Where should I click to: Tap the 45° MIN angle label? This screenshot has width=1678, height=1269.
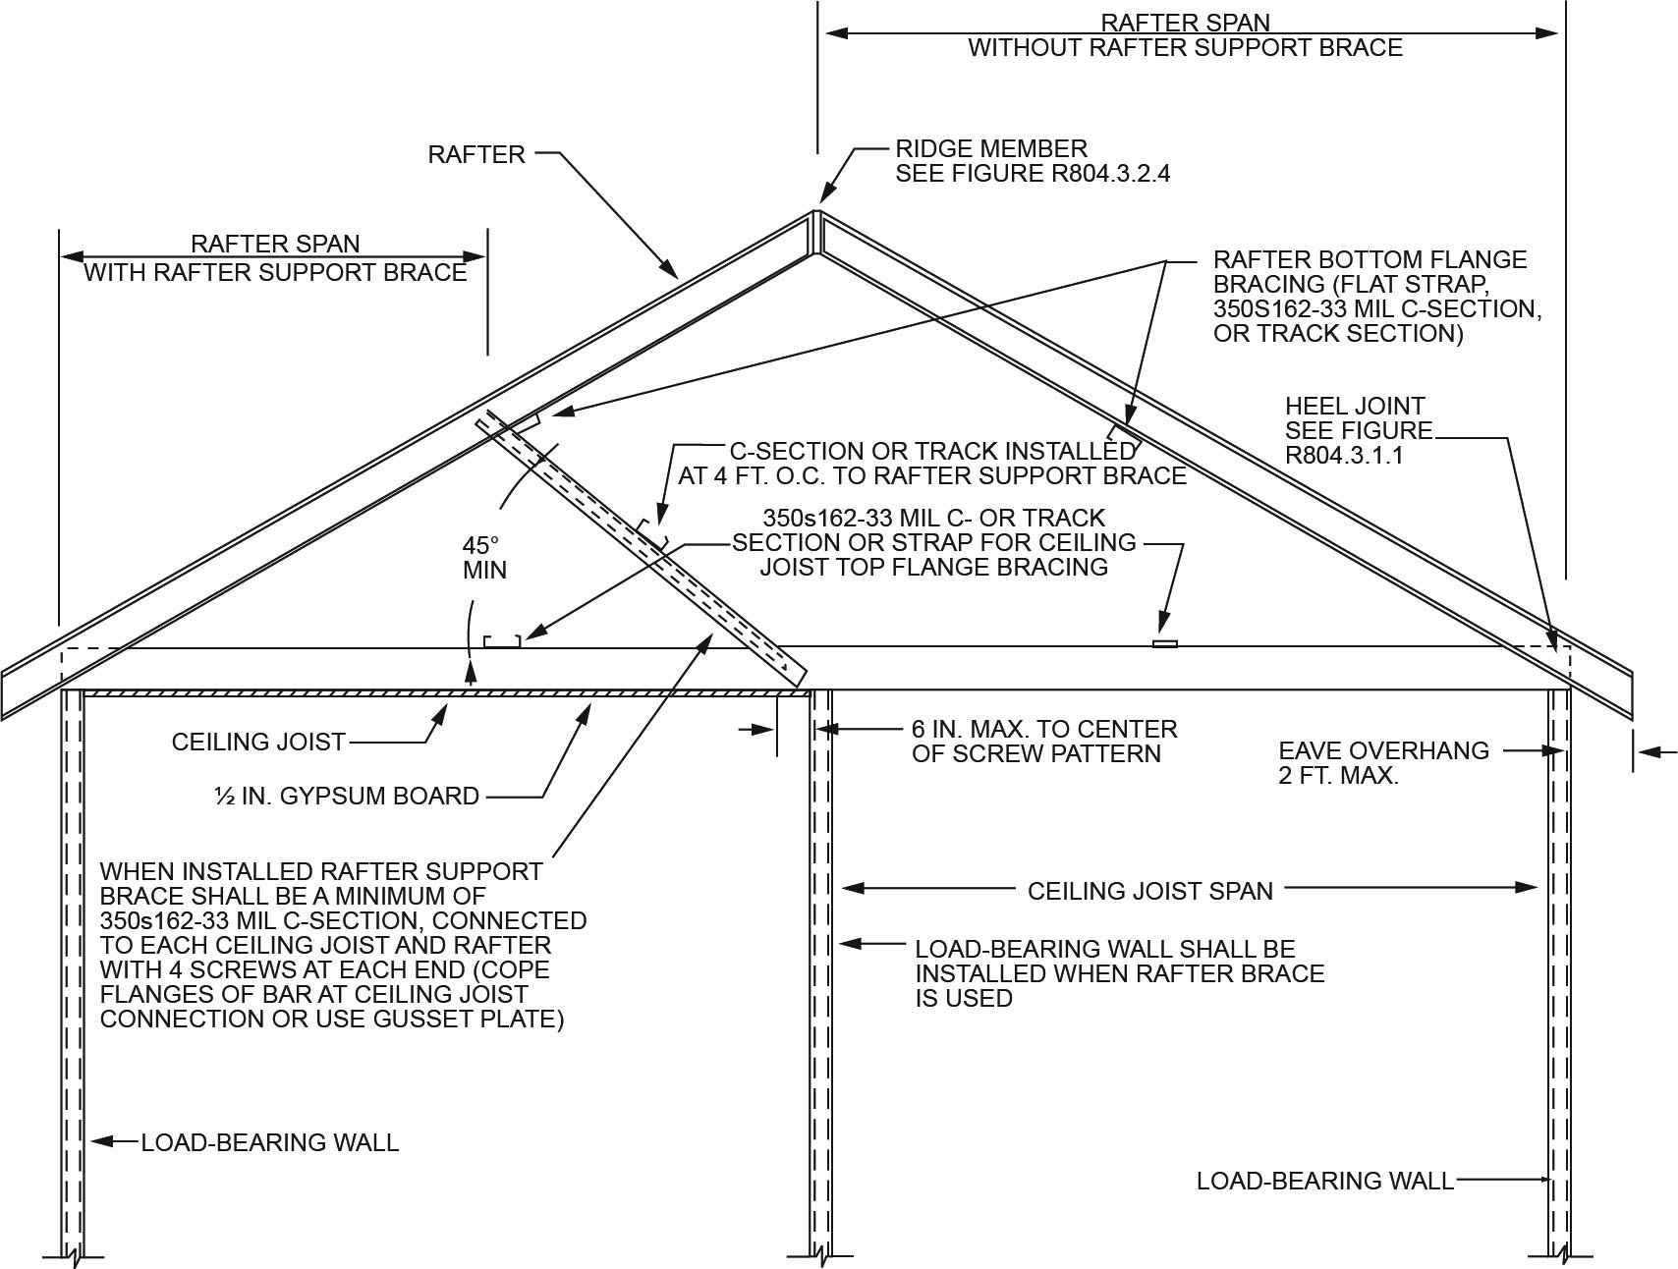(483, 557)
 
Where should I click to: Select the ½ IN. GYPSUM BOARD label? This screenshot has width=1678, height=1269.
(347, 796)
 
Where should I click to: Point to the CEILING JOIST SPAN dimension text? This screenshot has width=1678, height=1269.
(1149, 891)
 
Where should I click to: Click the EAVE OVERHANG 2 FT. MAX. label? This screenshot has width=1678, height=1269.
(1383, 763)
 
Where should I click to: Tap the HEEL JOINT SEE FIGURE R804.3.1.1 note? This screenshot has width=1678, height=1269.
(1358, 430)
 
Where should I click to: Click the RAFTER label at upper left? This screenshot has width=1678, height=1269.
(476, 154)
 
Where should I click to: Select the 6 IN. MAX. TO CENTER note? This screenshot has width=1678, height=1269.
(1043, 742)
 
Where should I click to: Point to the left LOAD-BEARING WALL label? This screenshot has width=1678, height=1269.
(270, 1142)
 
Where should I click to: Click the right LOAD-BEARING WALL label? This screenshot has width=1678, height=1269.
(1324, 1181)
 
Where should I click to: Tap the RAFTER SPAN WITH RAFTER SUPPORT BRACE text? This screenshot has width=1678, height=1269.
(275, 258)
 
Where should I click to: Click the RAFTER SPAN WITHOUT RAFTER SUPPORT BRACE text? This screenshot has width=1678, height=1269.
(1185, 35)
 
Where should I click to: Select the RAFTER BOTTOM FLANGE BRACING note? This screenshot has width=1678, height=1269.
(1375, 297)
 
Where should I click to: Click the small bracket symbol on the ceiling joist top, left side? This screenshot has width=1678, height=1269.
(502, 641)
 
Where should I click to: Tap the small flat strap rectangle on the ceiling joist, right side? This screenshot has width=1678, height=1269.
(1164, 644)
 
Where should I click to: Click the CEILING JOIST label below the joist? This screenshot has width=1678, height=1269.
(258, 742)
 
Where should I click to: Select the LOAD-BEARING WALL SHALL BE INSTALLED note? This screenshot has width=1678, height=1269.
(1119, 973)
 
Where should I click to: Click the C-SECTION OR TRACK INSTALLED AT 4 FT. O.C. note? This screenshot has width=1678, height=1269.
(931, 464)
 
